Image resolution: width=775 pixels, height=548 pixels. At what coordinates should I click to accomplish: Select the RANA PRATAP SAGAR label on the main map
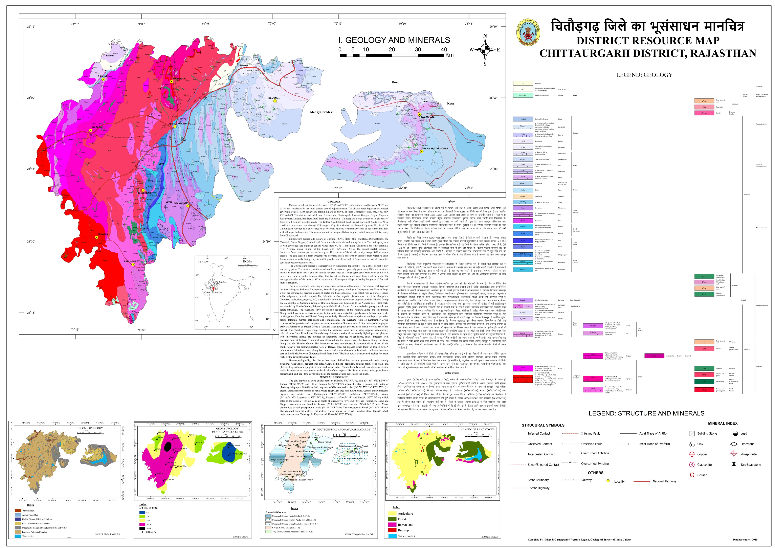tap(436, 149)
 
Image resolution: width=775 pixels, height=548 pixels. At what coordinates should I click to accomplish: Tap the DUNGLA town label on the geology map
tap(103, 234)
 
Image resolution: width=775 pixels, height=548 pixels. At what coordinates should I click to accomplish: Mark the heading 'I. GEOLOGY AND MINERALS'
tap(394, 40)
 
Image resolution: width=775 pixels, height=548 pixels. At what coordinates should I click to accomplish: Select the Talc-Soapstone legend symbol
tap(734, 464)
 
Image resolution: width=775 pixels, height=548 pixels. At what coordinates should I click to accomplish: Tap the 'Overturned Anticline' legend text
tap(595, 453)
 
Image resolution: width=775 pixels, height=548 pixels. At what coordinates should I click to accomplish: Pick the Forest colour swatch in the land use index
tap(392, 519)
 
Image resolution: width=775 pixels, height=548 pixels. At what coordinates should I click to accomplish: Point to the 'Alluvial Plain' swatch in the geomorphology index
tap(18, 510)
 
